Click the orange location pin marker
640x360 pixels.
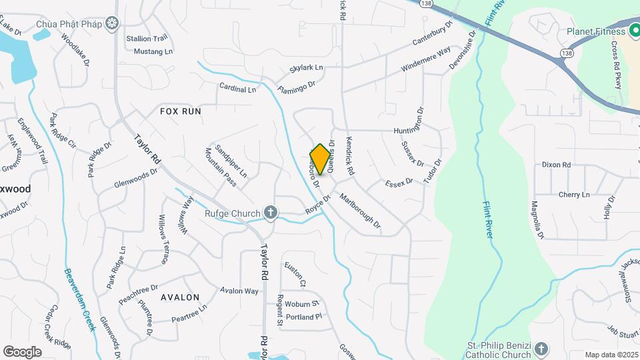[x=320, y=159]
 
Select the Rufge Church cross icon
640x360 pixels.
[x=270, y=213]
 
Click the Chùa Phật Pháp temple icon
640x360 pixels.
[x=113, y=23]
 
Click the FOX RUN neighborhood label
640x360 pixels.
[x=180, y=111]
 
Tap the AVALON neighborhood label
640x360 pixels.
[x=180, y=297]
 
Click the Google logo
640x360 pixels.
[x=22, y=351]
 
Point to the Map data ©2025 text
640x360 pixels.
[x=611, y=355]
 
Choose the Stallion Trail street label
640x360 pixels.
[x=147, y=39]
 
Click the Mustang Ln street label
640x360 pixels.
[x=153, y=51]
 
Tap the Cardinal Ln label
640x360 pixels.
[x=238, y=88]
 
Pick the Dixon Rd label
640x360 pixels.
[x=556, y=165]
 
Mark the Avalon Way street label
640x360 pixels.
[x=239, y=291]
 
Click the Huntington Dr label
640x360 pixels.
[x=409, y=121]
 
